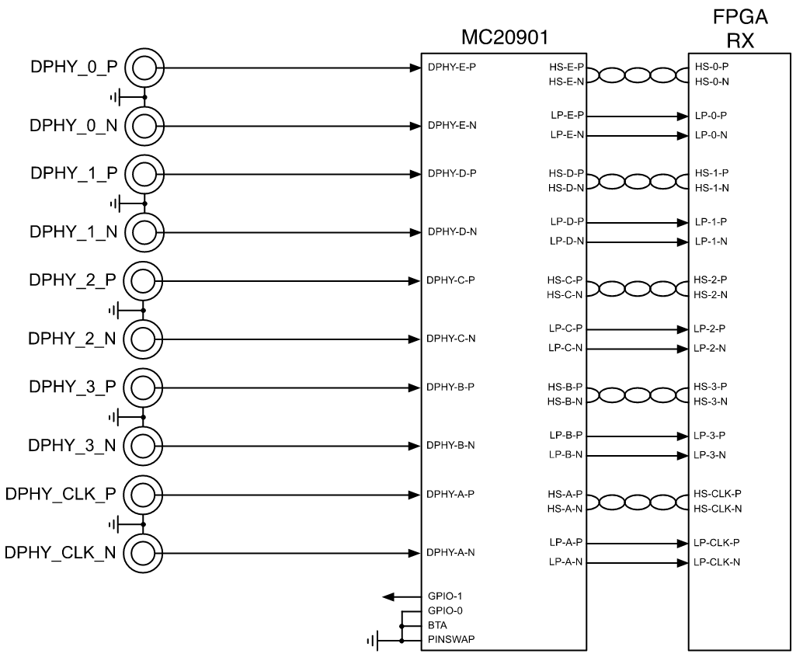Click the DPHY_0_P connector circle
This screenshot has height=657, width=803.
144,68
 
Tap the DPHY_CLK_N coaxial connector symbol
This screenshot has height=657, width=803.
144,553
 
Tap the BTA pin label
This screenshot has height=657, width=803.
436,624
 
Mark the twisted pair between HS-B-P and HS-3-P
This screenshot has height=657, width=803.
636,394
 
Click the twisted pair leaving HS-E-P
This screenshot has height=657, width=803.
636,75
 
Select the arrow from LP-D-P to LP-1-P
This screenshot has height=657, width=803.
636,222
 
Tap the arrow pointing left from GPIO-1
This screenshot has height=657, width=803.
400,596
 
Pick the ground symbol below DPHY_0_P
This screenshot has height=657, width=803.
116,98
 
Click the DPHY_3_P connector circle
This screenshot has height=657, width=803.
144,387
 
